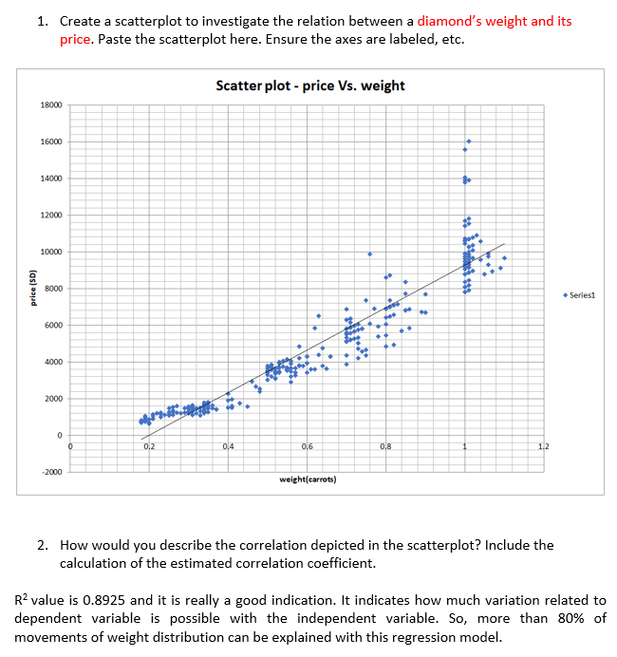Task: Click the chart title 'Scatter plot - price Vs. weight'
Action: (310, 85)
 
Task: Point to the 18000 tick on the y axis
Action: (51, 105)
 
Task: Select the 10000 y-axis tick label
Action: (51, 252)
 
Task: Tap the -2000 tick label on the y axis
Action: (51, 472)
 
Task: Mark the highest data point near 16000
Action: (468, 141)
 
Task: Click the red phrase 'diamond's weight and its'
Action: (495, 21)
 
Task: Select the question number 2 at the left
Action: (43, 545)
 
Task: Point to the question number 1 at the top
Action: (43, 21)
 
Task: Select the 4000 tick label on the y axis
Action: (53, 362)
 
